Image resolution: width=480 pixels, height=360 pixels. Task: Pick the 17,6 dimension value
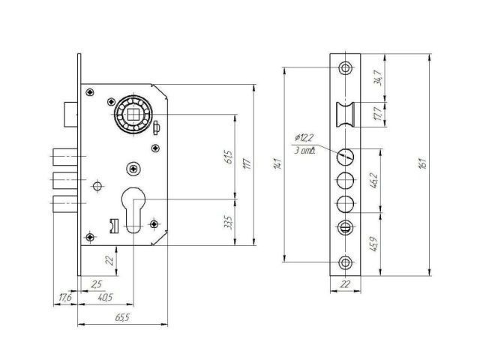66,298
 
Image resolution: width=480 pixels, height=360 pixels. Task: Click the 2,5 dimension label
96,283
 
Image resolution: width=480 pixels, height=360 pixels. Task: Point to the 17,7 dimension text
378,115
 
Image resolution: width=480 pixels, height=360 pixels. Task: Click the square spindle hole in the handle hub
134,115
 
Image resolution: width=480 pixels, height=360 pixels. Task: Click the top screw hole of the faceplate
345,67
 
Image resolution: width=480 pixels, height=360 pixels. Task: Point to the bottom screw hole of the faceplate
345,262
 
